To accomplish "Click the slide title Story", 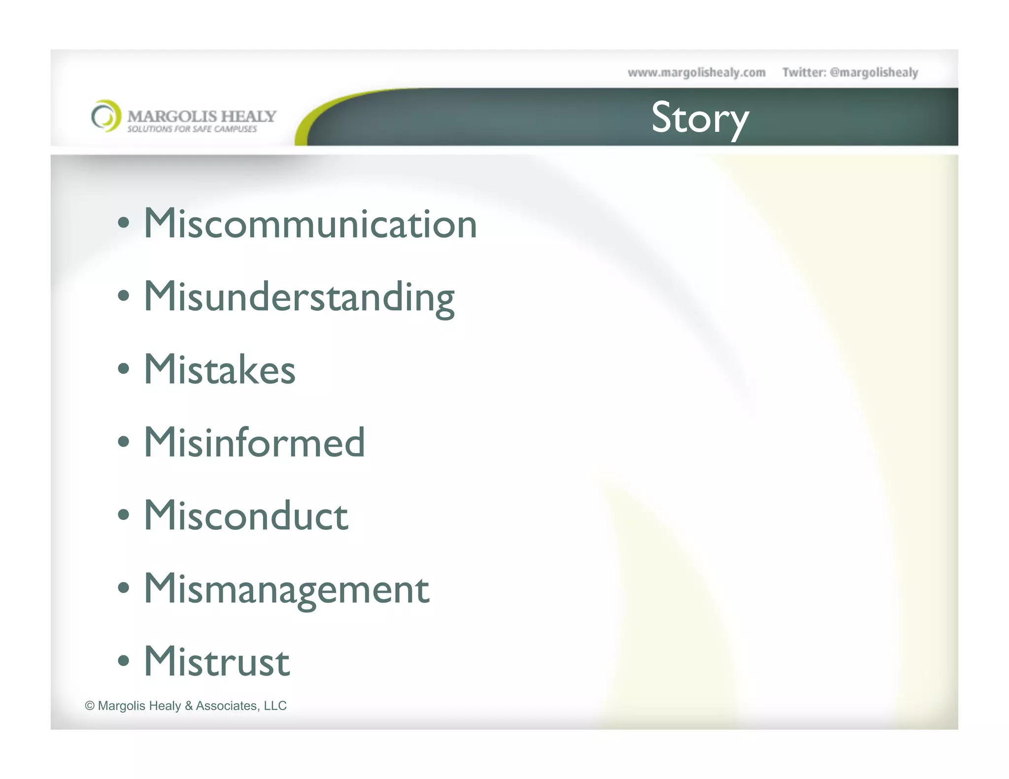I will (x=700, y=118).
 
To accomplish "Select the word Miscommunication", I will (x=310, y=224).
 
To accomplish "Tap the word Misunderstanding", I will (x=299, y=297).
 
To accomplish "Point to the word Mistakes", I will (x=220, y=369).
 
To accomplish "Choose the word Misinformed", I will (x=254, y=442).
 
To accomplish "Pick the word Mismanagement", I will (x=286, y=589).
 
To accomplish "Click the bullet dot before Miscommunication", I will (x=124, y=223).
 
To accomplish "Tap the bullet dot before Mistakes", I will (x=124, y=368).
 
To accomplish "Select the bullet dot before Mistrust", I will (x=124, y=660).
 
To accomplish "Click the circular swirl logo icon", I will (x=106, y=116).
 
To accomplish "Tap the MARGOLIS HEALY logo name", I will (x=202, y=116).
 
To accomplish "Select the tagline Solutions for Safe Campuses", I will (x=192, y=129).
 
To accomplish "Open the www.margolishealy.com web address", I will (x=697, y=73).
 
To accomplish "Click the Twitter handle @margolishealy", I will (x=874, y=73).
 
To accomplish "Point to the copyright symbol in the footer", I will (x=90, y=706).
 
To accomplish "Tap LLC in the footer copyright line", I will (x=275, y=706).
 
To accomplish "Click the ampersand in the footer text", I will (x=189, y=706).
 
